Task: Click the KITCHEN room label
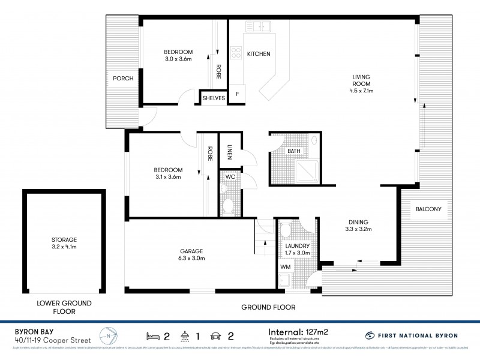[259, 54]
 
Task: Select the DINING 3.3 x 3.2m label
[359, 225]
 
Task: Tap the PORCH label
[122, 79]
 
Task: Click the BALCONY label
[428, 209]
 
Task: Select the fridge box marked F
[238, 94]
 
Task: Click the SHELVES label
[214, 98]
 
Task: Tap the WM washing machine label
[285, 266]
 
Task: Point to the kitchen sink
[261, 26]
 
